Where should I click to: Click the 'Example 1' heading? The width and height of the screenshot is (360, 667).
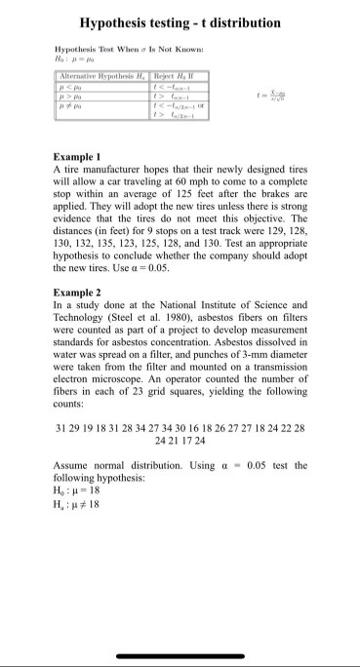tap(77, 156)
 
